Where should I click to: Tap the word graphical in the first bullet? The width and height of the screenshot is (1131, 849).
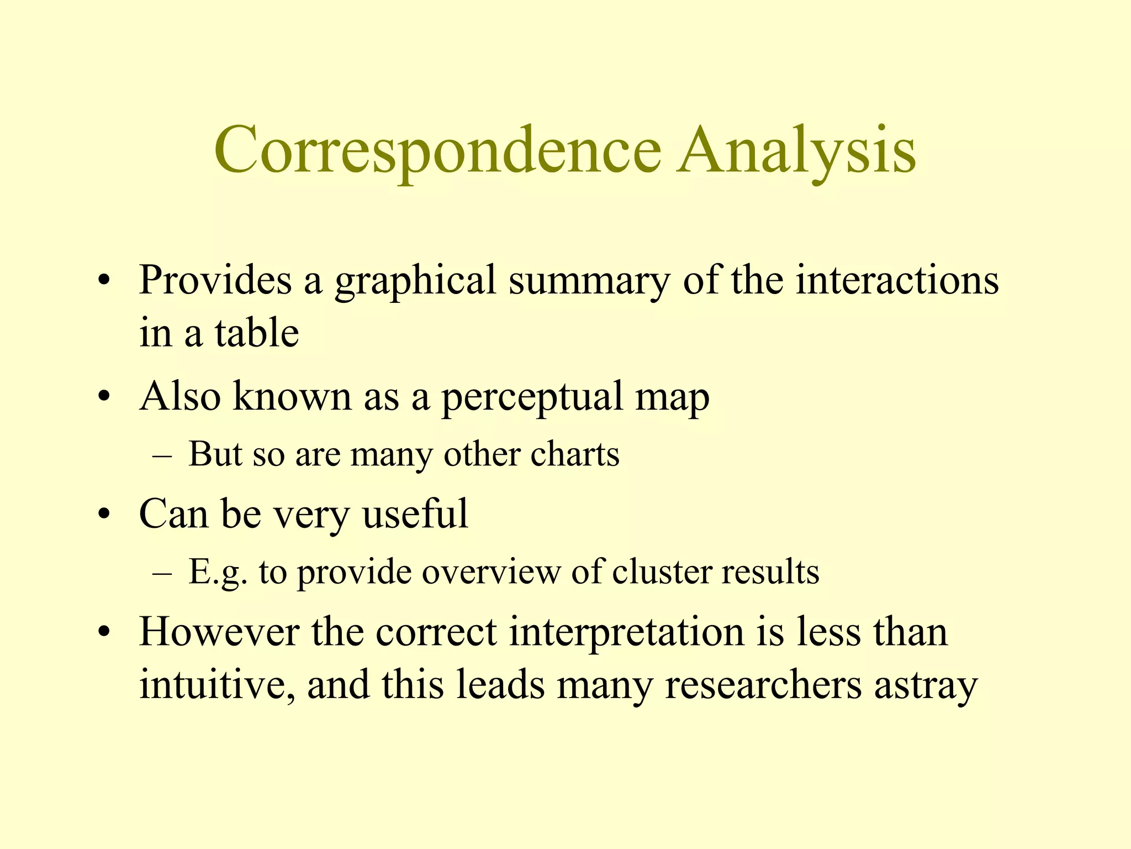(415, 281)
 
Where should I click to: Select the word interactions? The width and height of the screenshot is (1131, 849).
(897, 280)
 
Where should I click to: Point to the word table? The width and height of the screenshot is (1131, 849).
(257, 333)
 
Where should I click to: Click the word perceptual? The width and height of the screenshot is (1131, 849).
(531, 397)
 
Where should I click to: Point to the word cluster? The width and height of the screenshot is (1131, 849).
(660, 572)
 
